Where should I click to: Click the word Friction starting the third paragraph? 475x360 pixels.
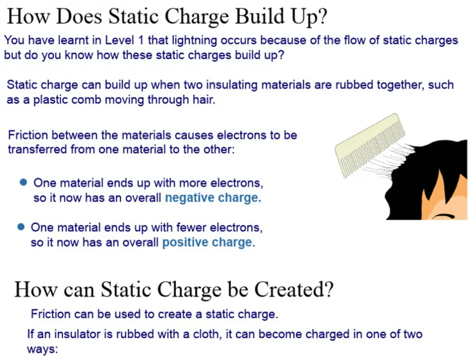[28, 135]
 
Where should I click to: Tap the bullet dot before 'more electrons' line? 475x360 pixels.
[23, 182]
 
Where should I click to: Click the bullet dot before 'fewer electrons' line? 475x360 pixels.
[21, 227]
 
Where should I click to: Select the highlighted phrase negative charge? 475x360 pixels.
[213, 198]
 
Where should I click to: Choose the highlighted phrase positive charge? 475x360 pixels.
[207, 243]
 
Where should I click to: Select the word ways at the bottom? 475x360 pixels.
[42, 349]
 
